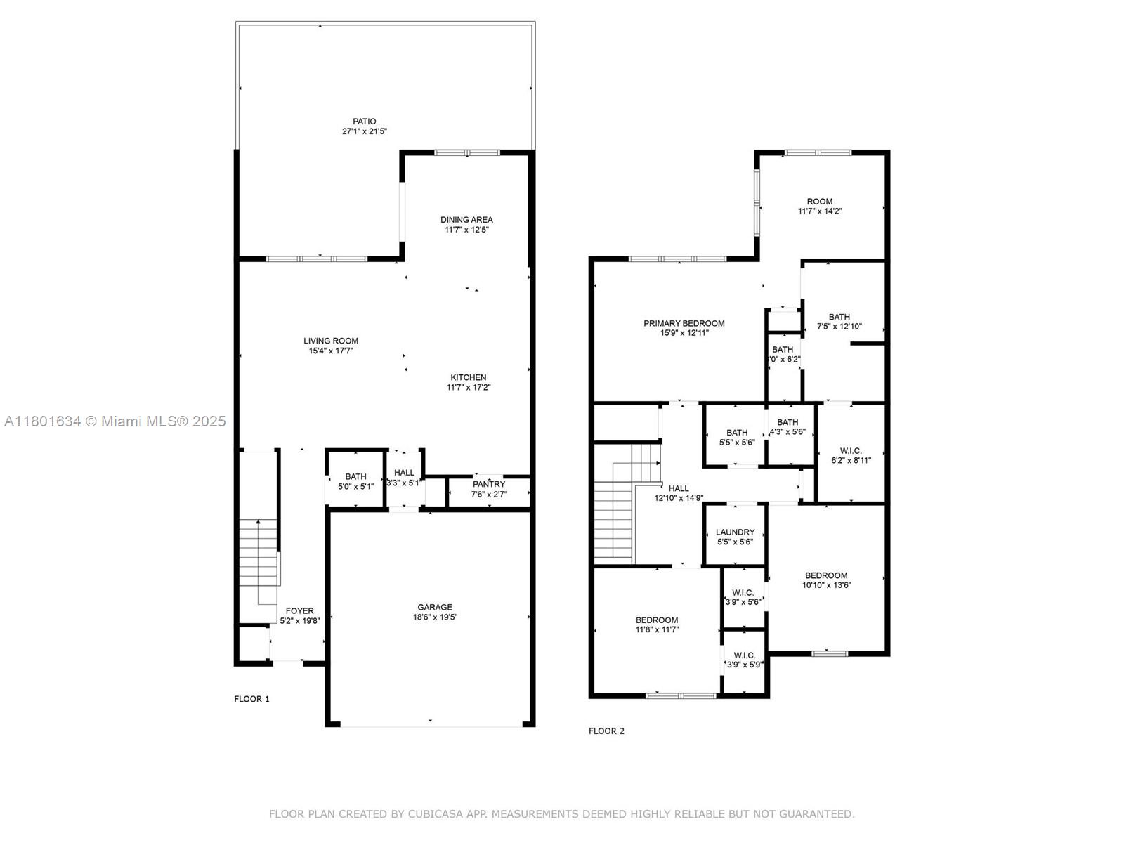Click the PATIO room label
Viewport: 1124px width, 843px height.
coord(364,122)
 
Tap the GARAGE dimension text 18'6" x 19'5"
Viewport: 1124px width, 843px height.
coord(435,617)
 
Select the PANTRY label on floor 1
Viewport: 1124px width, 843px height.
coord(489,484)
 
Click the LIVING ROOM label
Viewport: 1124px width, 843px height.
coord(331,341)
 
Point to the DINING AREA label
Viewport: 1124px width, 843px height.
coord(466,219)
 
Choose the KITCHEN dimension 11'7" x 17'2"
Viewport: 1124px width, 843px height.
coord(469,387)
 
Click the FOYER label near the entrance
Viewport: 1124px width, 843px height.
coord(300,610)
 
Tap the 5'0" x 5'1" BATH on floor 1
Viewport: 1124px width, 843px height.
coord(355,481)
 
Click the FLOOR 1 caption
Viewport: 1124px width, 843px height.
coord(251,699)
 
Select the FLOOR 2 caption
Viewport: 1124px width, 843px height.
coord(606,731)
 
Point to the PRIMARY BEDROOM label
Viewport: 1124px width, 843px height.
coord(684,323)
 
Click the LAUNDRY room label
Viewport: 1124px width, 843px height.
coord(735,532)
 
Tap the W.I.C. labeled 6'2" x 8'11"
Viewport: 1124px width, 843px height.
coord(850,455)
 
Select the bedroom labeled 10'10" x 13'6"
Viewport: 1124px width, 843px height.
coord(826,580)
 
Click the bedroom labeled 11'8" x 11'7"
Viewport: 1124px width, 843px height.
coord(657,625)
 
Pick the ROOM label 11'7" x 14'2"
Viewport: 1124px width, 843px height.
coord(819,206)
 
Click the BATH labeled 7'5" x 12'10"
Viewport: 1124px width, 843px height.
coord(839,321)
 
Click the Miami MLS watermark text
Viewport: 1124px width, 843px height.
coord(115,421)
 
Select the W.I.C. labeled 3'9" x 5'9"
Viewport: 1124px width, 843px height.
coord(744,659)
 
